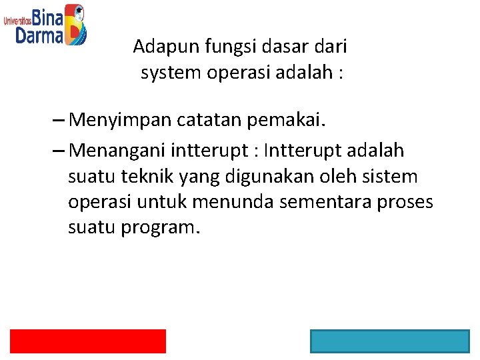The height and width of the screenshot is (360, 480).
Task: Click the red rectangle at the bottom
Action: (87, 341)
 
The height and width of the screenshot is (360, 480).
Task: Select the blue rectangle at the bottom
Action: (389, 341)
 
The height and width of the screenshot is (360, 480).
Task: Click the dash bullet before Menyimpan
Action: (57, 121)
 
